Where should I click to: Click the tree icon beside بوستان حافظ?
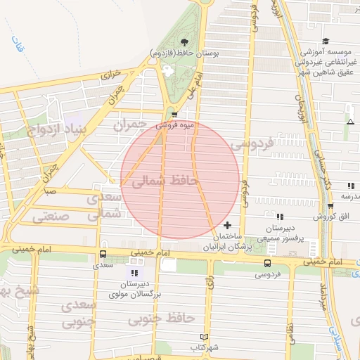(x=184, y=43)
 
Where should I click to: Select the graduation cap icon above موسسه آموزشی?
(x=326, y=42)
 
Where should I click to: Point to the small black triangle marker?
(x=350, y=122)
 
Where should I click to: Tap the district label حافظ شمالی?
(x=166, y=182)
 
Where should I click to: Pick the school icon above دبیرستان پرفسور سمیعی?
(x=280, y=217)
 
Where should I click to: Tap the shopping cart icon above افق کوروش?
(x=330, y=206)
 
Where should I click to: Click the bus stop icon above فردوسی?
(x=266, y=262)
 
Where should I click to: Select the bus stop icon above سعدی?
(x=103, y=255)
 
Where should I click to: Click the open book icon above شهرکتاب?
(x=205, y=337)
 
